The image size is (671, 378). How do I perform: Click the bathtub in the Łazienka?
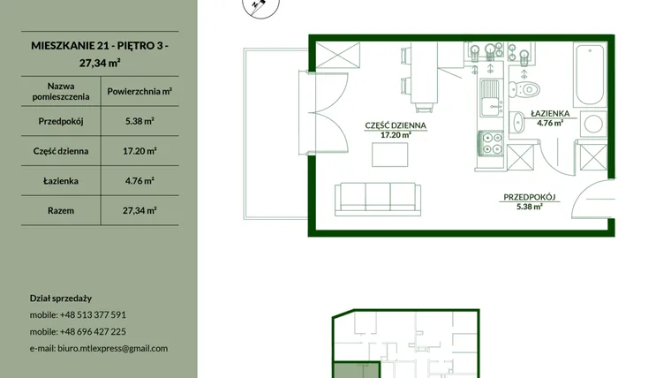(590, 74)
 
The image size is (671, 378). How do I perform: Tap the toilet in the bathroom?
(524, 89)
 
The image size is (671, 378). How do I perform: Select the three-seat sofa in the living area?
(378, 199)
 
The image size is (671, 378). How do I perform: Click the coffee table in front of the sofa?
(390, 155)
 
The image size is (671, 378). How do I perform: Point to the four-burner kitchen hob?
(491, 143)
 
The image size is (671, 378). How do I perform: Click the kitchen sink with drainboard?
(491, 98)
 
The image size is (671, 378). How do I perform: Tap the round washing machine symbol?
(593, 125)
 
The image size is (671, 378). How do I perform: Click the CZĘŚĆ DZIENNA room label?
(396, 125)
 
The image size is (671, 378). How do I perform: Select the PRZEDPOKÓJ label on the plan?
(530, 197)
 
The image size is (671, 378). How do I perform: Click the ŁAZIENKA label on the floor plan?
(550, 113)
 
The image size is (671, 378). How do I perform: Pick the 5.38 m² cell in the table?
(139, 121)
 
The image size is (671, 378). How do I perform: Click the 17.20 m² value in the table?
(139, 151)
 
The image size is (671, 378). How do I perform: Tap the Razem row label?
(61, 210)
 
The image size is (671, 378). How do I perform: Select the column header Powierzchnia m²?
(139, 91)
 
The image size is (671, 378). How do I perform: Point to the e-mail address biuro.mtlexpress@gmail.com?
(112, 349)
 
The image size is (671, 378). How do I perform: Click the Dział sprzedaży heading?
(61, 299)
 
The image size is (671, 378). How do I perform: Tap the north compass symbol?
(260, 6)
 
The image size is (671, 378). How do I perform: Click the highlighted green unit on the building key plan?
(357, 370)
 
